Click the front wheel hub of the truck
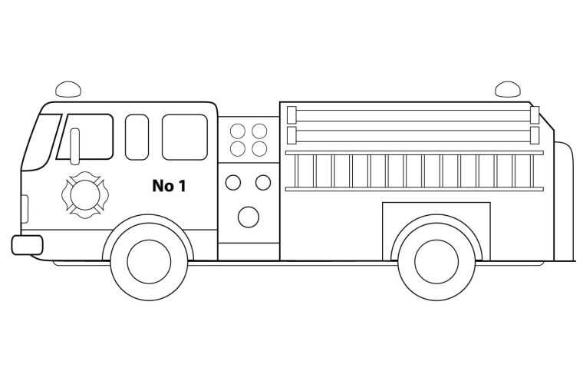click(149, 261)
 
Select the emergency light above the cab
click(68, 89)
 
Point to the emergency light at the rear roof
click(508, 89)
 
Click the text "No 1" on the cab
click(169, 185)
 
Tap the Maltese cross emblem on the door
click(85, 195)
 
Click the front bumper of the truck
click(27, 245)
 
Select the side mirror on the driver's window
click(74, 147)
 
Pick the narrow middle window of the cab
click(137, 137)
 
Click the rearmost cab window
click(185, 137)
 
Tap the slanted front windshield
click(41, 142)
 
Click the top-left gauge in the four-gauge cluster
click(238, 131)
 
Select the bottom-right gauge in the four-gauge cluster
click(259, 149)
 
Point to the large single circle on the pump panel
click(249, 217)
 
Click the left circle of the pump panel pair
click(233, 183)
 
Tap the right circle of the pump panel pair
click(263, 183)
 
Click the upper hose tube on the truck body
click(413, 115)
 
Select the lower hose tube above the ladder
click(413, 135)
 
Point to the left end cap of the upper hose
click(291, 115)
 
